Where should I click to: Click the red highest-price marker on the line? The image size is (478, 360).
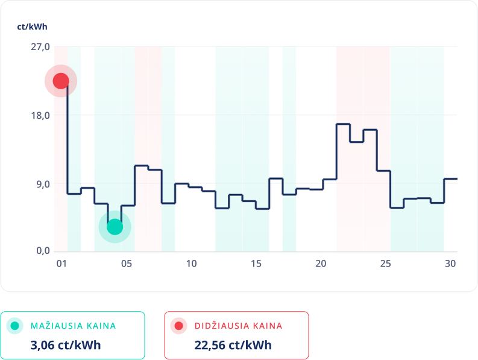pyautogui.click(x=61, y=81)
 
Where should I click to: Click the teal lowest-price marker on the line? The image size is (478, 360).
pyautogui.click(x=115, y=227)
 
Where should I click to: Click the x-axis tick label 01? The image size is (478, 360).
pyautogui.click(x=61, y=264)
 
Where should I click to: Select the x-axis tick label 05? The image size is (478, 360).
pyautogui.click(x=127, y=264)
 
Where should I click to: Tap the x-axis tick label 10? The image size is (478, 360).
pyautogui.click(x=191, y=264)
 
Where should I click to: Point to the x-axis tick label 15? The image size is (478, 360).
pyautogui.click(x=256, y=264)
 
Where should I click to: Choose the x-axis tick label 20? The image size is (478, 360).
pyautogui.click(x=321, y=264)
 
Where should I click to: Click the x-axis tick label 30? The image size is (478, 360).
pyautogui.click(x=450, y=264)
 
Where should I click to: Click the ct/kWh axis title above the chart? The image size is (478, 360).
pyautogui.click(x=32, y=27)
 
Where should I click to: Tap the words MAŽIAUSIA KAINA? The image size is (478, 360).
pyautogui.click(x=73, y=326)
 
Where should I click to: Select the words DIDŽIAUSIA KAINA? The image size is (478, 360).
pyautogui.click(x=238, y=326)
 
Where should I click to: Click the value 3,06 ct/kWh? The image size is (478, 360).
pyautogui.click(x=65, y=346)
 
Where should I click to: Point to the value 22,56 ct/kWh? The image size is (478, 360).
pyautogui.click(x=233, y=346)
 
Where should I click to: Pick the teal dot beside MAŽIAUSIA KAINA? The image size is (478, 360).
pyautogui.click(x=16, y=326)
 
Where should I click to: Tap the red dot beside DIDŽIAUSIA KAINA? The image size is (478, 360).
pyautogui.click(x=179, y=326)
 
